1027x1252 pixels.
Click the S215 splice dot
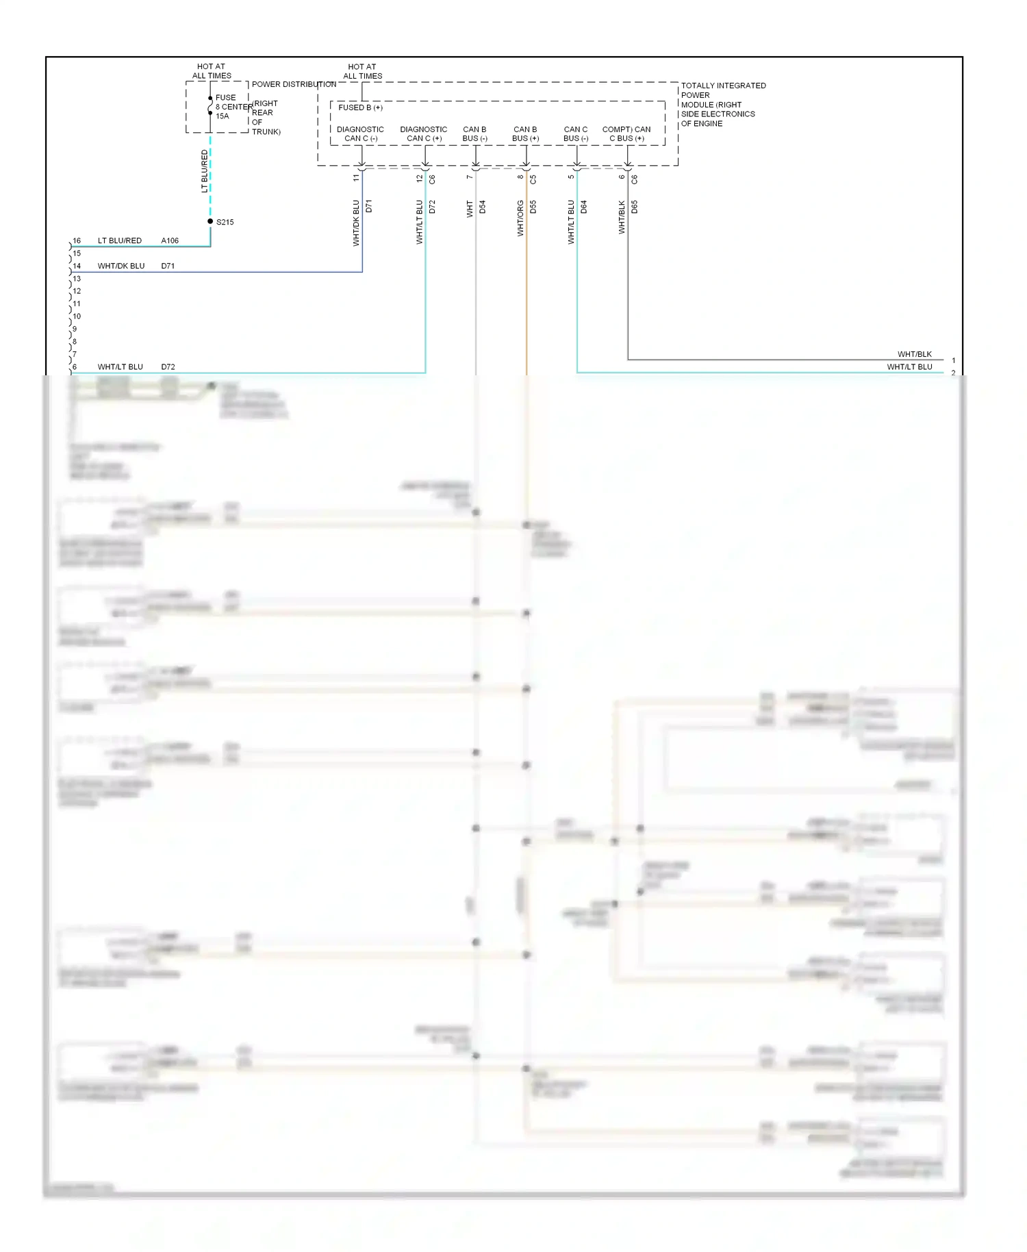click(x=210, y=221)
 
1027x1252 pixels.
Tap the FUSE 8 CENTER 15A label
click(x=226, y=107)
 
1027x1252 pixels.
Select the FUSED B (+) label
click(x=360, y=108)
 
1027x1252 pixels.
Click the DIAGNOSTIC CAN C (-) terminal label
click(x=360, y=134)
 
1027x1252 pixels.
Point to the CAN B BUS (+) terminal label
click(x=525, y=134)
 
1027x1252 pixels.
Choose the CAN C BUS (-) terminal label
click(x=575, y=134)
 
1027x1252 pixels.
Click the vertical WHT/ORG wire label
click(x=520, y=218)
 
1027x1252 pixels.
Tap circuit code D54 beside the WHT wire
click(x=482, y=207)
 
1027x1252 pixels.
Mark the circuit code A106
click(x=170, y=240)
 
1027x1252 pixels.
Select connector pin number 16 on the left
click(x=77, y=240)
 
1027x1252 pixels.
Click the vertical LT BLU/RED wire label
click(x=204, y=171)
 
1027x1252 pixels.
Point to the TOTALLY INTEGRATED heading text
click(x=723, y=86)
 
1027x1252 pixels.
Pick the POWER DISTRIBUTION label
click(x=294, y=84)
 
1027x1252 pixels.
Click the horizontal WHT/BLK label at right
click(x=914, y=354)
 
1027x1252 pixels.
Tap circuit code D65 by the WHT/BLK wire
click(x=635, y=207)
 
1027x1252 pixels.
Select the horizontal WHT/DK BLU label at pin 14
click(x=121, y=266)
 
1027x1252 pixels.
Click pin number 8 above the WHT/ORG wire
click(x=520, y=177)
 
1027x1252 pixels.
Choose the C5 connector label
click(x=533, y=179)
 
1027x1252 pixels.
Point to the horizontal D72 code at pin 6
click(x=168, y=366)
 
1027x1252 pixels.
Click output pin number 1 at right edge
click(x=953, y=360)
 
